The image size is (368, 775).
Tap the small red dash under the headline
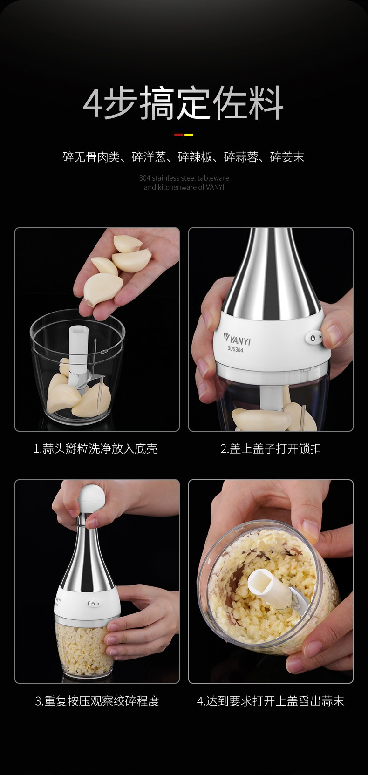click(178, 135)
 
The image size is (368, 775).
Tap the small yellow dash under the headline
click(189, 135)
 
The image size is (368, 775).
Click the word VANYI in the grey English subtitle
click(215, 187)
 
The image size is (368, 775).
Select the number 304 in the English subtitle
click(145, 178)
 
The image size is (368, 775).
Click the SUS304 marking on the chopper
click(235, 349)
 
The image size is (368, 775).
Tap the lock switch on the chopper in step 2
click(313, 338)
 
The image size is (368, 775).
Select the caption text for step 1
click(95, 449)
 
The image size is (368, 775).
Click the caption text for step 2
click(271, 449)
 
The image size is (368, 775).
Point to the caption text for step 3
click(97, 701)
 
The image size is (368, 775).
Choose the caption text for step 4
click(270, 701)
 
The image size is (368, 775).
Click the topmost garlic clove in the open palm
click(127, 243)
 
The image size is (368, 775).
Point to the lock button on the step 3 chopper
click(94, 604)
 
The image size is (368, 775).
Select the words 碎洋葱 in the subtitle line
click(149, 157)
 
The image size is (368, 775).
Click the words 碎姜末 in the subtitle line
click(287, 157)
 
